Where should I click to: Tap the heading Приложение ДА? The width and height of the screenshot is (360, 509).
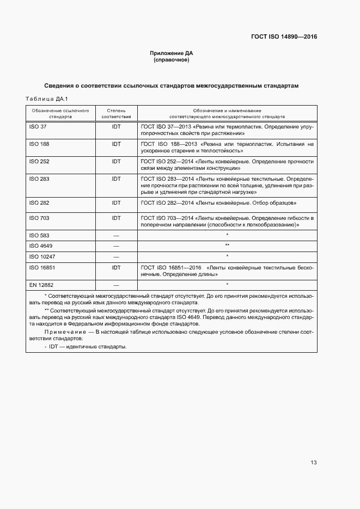(172, 53)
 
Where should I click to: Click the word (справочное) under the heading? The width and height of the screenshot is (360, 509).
(172, 60)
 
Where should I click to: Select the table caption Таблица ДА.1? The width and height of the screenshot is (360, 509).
(46, 99)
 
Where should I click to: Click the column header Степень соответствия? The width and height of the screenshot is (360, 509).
(116, 113)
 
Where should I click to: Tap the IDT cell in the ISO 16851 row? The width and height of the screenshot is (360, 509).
(116, 267)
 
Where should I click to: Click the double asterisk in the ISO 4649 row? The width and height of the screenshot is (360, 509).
(227, 246)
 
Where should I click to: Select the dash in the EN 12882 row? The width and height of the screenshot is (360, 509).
(116, 285)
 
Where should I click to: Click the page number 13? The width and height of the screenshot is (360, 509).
(313, 463)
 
